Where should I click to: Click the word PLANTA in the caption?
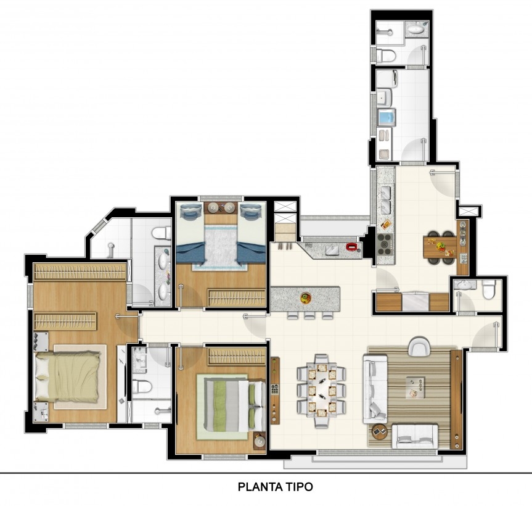[x=258, y=487]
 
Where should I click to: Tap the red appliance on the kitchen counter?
[x=351, y=247]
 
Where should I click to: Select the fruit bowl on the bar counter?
[x=306, y=298]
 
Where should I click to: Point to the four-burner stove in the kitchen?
[x=385, y=244]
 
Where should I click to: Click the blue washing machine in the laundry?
[x=387, y=117]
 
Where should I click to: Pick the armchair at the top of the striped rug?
[x=419, y=346]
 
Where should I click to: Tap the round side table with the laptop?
[x=379, y=432]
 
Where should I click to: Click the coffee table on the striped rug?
[x=415, y=388]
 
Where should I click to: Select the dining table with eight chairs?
[x=321, y=391]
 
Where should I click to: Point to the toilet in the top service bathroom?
[x=386, y=55]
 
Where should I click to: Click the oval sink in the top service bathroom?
[x=415, y=30]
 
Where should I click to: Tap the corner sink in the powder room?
[x=463, y=284]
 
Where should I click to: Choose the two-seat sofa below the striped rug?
[x=415, y=436]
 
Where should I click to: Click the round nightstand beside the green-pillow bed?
[x=260, y=442]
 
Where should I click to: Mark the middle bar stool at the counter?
[x=309, y=315]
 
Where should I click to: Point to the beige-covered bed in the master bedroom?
[x=68, y=376]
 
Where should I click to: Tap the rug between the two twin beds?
[x=220, y=247]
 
